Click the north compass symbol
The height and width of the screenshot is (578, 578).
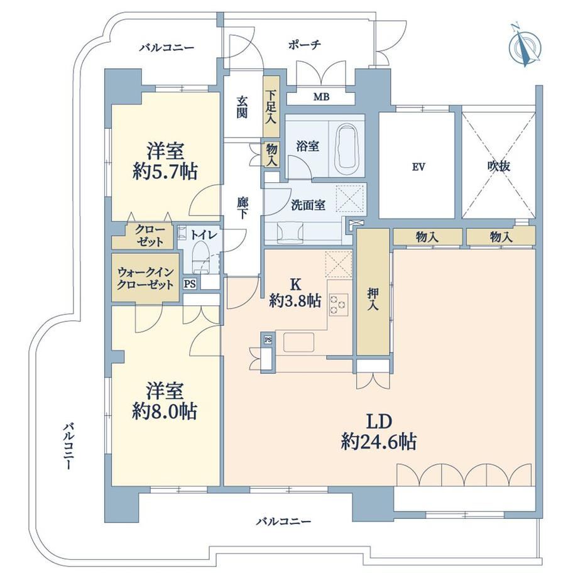point(525,46)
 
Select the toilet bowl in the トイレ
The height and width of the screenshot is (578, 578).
point(201,255)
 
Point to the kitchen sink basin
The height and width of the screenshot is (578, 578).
point(298,342)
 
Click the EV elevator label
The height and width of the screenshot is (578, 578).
point(418,167)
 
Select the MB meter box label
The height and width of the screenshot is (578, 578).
point(322,97)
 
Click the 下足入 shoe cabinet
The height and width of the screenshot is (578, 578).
point(271,107)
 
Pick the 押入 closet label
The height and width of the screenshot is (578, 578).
point(373,298)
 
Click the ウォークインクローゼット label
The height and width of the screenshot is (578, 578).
point(145,278)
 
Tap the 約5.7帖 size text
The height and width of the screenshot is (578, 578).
point(165,172)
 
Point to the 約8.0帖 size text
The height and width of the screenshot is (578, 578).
point(165,412)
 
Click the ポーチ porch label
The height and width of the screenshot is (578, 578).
point(305,45)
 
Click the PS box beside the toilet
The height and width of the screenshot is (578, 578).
point(190,284)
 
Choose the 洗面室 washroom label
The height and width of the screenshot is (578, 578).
point(308,205)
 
